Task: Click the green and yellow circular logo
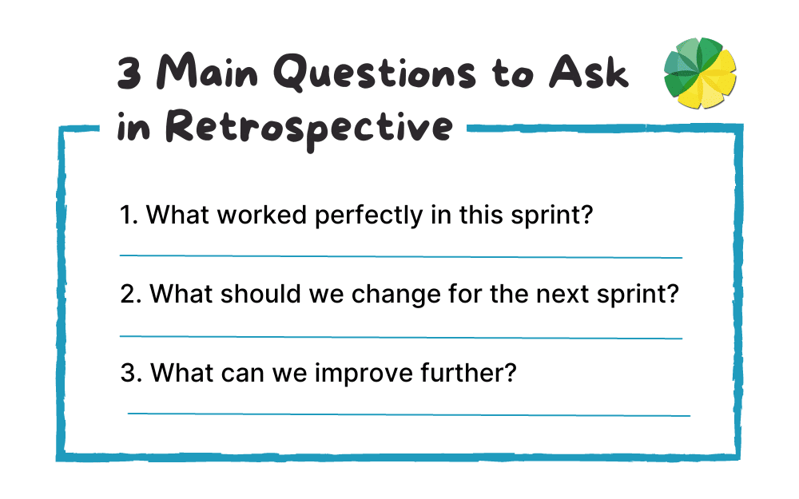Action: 700,74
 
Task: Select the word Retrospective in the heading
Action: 304,127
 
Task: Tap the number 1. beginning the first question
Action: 129,216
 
